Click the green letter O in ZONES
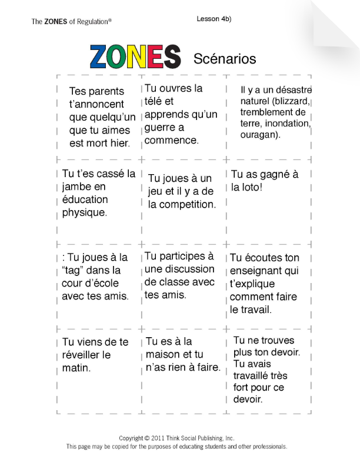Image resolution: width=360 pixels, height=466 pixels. pos(118,57)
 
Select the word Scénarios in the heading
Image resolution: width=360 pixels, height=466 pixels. pos(225,59)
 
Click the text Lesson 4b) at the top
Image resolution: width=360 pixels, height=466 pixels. pos(214,19)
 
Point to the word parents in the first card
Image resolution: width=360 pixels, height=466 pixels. pos(106,91)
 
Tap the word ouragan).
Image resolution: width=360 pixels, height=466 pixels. pos(261,135)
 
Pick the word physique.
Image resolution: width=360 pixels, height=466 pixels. pos(85,212)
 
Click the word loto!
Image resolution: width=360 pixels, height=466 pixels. pos(247,187)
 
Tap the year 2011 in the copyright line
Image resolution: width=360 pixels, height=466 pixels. pos(156,438)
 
